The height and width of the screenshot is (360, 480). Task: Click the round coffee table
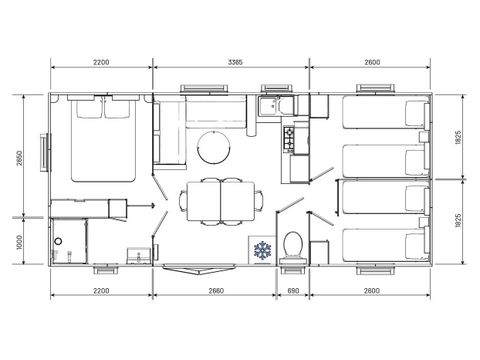point(211,146)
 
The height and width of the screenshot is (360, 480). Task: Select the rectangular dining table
point(216,200)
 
